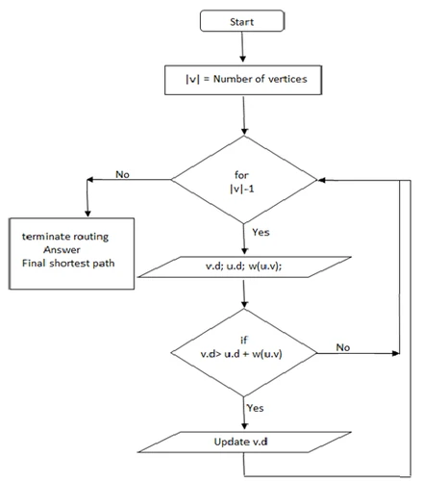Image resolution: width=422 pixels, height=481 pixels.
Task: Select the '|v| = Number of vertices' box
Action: coord(244,80)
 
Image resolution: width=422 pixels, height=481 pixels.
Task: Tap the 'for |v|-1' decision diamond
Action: coord(244,179)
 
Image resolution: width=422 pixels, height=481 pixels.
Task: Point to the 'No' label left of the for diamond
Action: coord(122,175)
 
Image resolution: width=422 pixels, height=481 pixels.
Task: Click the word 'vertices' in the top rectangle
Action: coord(287,80)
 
